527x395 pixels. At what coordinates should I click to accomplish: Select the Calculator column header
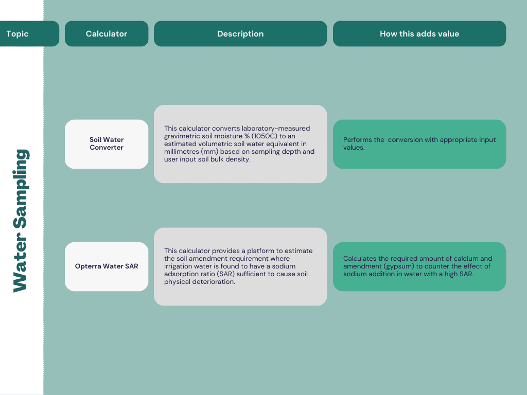107,33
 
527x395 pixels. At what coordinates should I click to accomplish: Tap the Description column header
240,33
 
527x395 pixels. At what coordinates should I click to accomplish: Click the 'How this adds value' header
419,33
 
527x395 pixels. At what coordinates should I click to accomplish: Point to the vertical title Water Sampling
21,221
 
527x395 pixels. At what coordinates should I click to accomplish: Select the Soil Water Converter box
107,144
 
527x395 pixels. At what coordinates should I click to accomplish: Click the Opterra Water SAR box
107,267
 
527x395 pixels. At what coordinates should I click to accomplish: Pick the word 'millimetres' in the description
181,152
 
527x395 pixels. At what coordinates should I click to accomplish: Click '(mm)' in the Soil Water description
209,152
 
